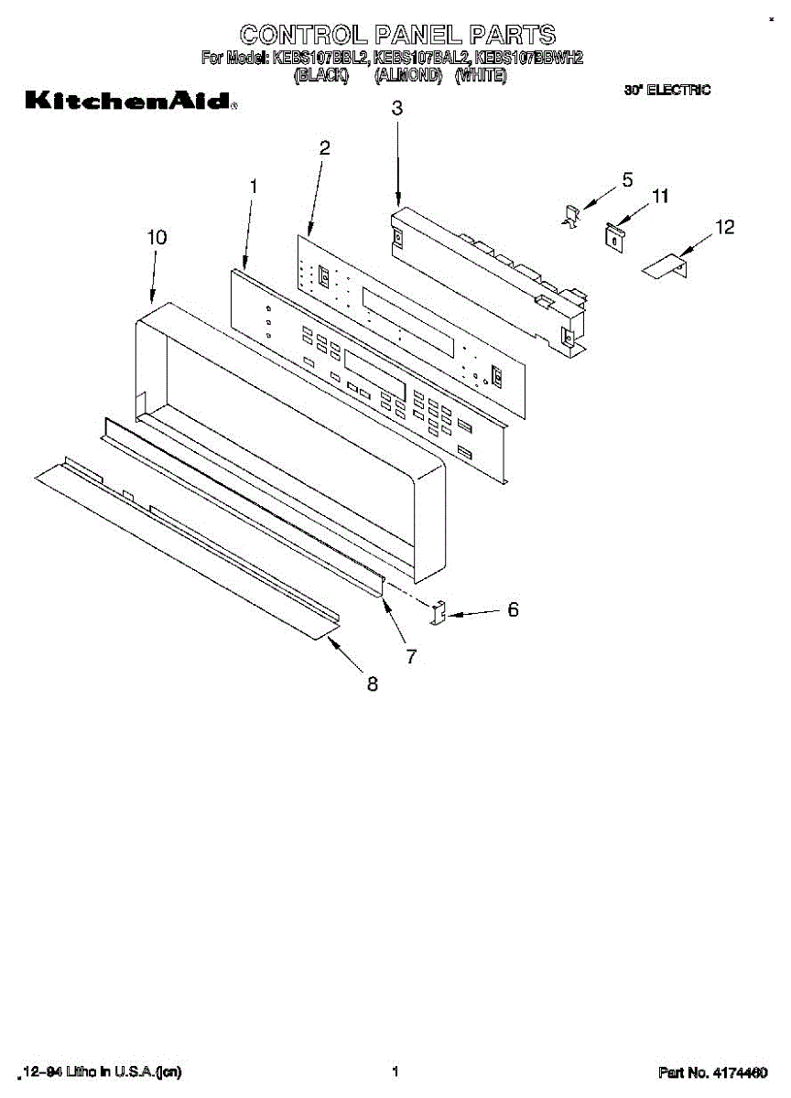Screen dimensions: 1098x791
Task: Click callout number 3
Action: [x=396, y=108]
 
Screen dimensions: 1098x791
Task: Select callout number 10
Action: [x=157, y=237]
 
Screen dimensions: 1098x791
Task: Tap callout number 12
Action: [x=724, y=228]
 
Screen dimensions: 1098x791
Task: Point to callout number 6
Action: [x=513, y=608]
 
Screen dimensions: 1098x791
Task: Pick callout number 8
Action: [x=373, y=683]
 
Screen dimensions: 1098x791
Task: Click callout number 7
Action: [x=411, y=656]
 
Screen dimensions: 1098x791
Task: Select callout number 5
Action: [x=627, y=180]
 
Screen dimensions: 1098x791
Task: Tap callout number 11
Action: [x=659, y=196]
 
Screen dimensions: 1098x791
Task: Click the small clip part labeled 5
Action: [x=570, y=217]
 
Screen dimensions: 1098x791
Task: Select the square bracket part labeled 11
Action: [x=614, y=234]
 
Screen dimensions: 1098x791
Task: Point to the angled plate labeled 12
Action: [x=666, y=266]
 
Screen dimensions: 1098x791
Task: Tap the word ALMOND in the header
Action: [x=408, y=76]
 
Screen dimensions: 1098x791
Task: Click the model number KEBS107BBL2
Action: [x=320, y=59]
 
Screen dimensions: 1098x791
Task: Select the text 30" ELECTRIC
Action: [x=667, y=90]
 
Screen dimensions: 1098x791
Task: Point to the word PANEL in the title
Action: [x=420, y=35]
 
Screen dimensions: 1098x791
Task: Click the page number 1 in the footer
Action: [x=395, y=1071]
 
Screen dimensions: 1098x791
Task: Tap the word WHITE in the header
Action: [x=481, y=76]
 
